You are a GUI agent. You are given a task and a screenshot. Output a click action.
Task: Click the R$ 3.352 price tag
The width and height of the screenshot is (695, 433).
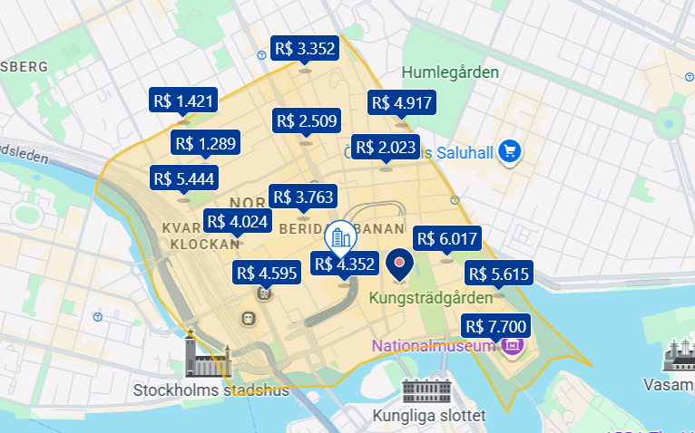pyautogui.click(x=305, y=49)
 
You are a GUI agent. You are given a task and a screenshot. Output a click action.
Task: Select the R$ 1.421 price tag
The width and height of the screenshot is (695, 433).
pyautogui.click(x=184, y=100)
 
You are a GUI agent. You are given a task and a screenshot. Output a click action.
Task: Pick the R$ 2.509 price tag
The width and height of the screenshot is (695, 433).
pyautogui.click(x=306, y=120)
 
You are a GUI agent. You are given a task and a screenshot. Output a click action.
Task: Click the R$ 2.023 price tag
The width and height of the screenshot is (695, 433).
pyautogui.click(x=386, y=147)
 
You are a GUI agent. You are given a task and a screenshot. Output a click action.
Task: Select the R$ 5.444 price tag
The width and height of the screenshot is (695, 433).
pyautogui.click(x=184, y=178)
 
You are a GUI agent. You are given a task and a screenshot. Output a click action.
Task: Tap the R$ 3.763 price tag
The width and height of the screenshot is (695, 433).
pyautogui.click(x=303, y=196)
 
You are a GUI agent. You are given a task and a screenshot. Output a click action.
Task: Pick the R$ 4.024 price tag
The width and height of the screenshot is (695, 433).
pyautogui.click(x=237, y=221)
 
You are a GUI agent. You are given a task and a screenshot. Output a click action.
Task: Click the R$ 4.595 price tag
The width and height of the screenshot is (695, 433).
pyautogui.click(x=268, y=273)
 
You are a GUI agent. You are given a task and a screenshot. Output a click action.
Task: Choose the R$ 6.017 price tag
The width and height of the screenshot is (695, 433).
pyautogui.click(x=446, y=239)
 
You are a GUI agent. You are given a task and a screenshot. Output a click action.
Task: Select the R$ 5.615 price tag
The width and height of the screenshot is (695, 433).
pyautogui.click(x=498, y=274)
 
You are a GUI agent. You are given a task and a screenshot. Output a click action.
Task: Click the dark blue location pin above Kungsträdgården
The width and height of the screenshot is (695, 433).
pyautogui.click(x=399, y=264)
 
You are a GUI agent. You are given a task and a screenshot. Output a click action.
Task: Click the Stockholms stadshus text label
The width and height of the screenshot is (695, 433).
pyautogui.click(x=210, y=391)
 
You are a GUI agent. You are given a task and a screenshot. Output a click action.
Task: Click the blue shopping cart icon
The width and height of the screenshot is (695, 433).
pyautogui.click(x=510, y=151)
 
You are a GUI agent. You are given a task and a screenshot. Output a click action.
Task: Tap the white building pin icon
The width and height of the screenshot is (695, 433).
pyautogui.click(x=340, y=237)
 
